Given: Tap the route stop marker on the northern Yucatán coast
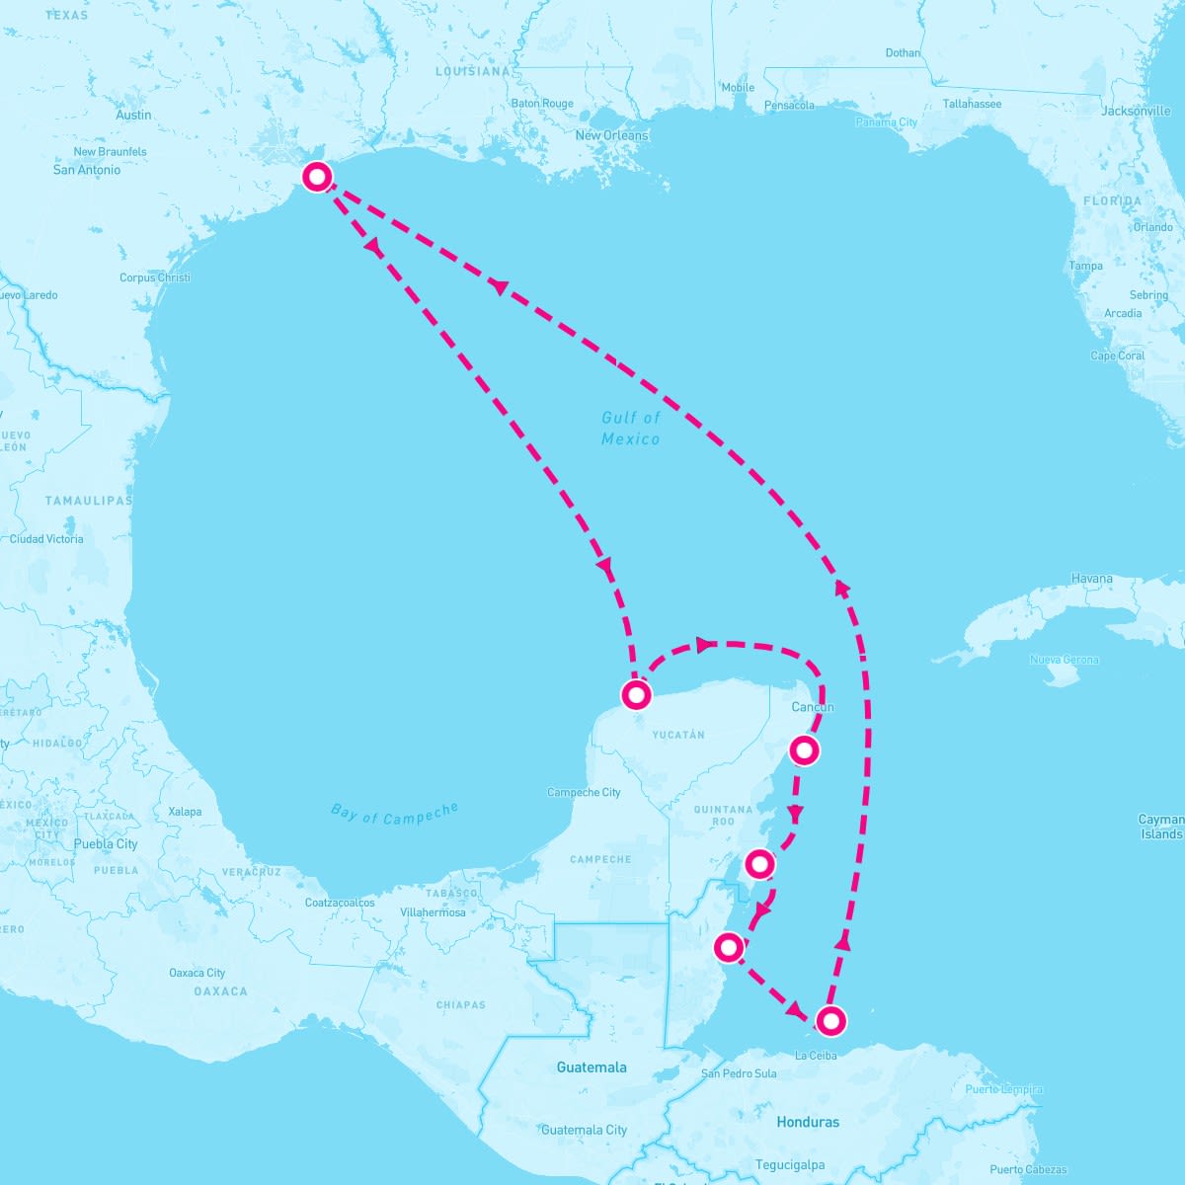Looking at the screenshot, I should click(x=637, y=694).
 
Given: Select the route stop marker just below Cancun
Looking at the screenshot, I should click(x=805, y=750).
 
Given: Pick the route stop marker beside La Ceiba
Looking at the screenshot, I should click(x=830, y=1020).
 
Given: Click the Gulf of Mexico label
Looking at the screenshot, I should click(x=631, y=429).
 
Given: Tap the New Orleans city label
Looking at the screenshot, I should click(x=612, y=135).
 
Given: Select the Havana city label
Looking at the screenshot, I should click(x=1091, y=579).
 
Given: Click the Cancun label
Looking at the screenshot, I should click(x=813, y=707).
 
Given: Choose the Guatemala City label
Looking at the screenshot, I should click(x=584, y=1130).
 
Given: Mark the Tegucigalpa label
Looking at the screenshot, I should click(x=790, y=1165).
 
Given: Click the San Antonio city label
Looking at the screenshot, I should click(x=87, y=170).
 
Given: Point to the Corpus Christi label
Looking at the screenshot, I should click(x=155, y=277).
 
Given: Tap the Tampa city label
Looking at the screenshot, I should click(x=1085, y=266).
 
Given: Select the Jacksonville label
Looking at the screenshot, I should click(x=1136, y=112).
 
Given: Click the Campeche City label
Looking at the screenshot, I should click(x=584, y=792).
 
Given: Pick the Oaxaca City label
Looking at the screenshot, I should click(x=197, y=973).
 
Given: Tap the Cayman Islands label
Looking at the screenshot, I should click(x=1160, y=827).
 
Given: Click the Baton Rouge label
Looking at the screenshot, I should click(x=542, y=104).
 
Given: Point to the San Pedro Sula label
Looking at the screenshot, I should click(x=739, y=1073).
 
